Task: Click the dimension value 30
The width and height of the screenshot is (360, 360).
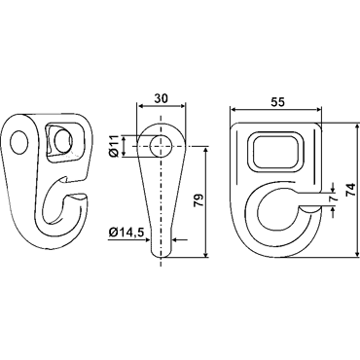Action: point(162,98)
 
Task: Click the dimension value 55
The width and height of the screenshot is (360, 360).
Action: point(277,102)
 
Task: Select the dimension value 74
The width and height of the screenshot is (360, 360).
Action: point(350,190)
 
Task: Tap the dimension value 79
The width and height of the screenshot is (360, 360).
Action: point(198,200)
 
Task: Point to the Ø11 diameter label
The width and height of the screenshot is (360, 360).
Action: point(114,146)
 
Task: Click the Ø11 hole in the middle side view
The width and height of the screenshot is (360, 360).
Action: point(161,146)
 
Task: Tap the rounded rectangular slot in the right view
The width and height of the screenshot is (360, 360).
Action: point(275,151)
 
